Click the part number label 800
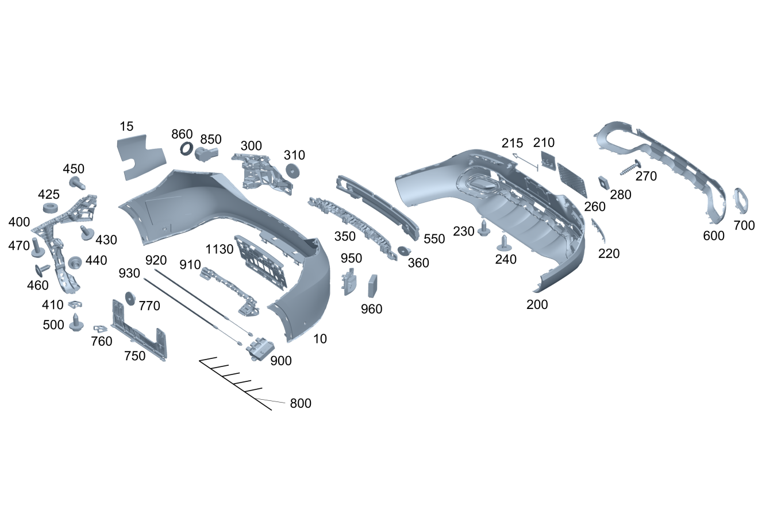click(x=301, y=403)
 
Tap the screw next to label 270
click(x=631, y=167)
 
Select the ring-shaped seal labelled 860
click(x=186, y=149)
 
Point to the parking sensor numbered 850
click(x=207, y=154)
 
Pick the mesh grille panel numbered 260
click(x=572, y=180)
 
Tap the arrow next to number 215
click(x=525, y=162)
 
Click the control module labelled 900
click(x=260, y=348)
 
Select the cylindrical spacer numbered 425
click(x=51, y=208)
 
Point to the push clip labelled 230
click(x=484, y=228)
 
